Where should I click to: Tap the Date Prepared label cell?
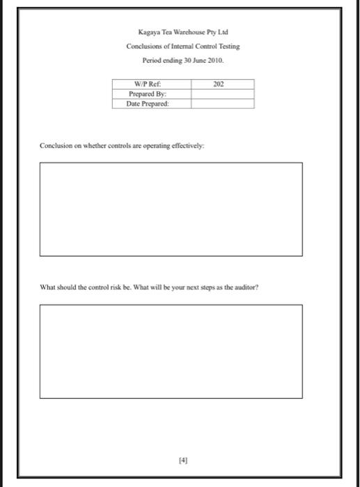(150, 103)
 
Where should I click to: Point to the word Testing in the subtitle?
(227, 46)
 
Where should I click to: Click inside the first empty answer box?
(171, 209)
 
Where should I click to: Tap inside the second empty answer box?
(171, 351)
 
